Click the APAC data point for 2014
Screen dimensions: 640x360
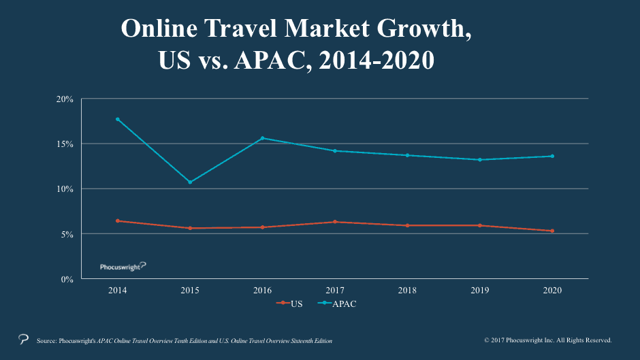(x=118, y=119)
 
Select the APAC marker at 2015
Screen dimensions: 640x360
(x=190, y=182)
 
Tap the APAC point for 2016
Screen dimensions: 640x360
(x=262, y=138)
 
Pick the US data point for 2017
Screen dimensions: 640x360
(x=335, y=222)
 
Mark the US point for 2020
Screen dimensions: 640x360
(x=552, y=231)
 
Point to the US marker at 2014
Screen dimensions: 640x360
(x=118, y=220)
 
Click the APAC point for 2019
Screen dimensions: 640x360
(x=480, y=160)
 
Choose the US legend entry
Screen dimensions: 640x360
(x=289, y=304)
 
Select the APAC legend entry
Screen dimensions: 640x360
(x=337, y=304)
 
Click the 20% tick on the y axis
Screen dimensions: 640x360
(x=65, y=99)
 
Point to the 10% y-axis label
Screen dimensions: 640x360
(x=65, y=189)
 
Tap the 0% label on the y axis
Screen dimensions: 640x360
(x=67, y=280)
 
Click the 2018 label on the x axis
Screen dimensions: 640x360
(x=407, y=290)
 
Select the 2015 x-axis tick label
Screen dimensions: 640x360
(x=190, y=290)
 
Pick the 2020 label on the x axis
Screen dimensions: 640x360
(x=552, y=290)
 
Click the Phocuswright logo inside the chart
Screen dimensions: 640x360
(x=123, y=267)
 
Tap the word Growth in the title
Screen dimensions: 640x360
(x=424, y=29)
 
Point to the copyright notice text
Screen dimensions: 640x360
(x=548, y=340)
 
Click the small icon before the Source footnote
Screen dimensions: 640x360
(x=24, y=339)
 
